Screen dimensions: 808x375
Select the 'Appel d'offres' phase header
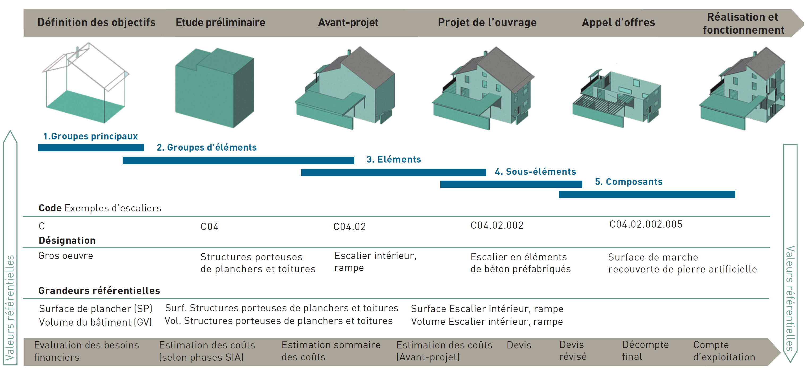[618, 22]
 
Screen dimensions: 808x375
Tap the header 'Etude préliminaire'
[220, 22]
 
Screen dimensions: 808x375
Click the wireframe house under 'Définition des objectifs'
[85, 83]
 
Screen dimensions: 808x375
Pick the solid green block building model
[214, 88]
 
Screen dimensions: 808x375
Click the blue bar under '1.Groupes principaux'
[91, 147]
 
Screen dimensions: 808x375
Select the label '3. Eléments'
[394, 159]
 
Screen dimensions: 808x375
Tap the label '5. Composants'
[629, 182]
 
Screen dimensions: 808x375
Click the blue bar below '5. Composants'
[647, 194]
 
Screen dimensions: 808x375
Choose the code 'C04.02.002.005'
[646, 224]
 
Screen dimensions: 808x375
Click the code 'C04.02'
[349, 227]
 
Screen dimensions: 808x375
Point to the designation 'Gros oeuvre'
[66, 256]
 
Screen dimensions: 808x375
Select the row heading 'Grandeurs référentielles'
[99, 291]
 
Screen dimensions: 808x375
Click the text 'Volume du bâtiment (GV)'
[95, 322]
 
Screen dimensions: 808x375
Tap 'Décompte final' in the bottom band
[645, 351]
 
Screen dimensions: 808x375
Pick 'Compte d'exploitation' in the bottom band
[724, 351]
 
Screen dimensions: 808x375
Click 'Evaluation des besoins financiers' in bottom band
[86, 351]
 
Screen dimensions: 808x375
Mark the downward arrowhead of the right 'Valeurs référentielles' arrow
[790, 356]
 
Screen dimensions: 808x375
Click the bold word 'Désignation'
[67, 240]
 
